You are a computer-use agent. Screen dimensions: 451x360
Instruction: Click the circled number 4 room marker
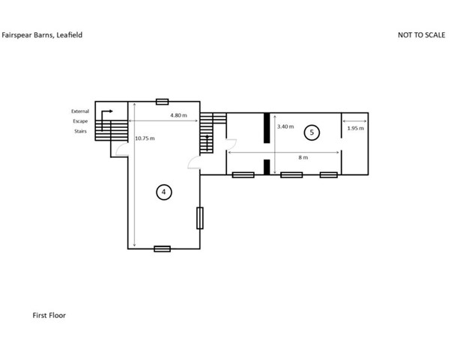(x=164, y=192)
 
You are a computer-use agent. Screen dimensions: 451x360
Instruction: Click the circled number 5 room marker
(x=312, y=132)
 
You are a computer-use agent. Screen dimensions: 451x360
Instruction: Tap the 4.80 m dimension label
(x=178, y=115)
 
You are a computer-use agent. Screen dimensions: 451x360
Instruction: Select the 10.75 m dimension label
(x=145, y=138)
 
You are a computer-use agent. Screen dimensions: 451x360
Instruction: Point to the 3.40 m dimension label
(x=285, y=126)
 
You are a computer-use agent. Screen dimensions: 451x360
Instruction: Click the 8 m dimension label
(x=303, y=157)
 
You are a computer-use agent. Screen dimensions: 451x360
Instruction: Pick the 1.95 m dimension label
(x=356, y=128)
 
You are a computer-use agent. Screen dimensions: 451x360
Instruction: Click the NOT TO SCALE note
(x=421, y=35)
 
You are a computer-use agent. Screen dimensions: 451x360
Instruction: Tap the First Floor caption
(x=49, y=315)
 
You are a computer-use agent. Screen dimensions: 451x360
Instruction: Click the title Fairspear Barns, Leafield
(x=42, y=35)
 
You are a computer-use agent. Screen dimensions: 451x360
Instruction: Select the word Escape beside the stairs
(x=80, y=121)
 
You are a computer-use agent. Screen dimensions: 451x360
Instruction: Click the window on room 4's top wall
(x=163, y=102)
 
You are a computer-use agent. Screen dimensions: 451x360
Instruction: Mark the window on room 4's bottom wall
(x=163, y=248)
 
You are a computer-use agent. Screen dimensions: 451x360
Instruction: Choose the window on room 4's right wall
(x=200, y=218)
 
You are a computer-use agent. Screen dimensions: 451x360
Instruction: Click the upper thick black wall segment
(x=267, y=128)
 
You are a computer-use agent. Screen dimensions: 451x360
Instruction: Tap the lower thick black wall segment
(x=267, y=167)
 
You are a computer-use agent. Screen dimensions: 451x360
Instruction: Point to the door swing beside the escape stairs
(x=122, y=149)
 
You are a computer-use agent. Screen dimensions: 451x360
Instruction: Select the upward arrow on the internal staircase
(x=207, y=143)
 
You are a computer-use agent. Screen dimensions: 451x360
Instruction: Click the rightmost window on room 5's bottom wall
(x=329, y=174)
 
